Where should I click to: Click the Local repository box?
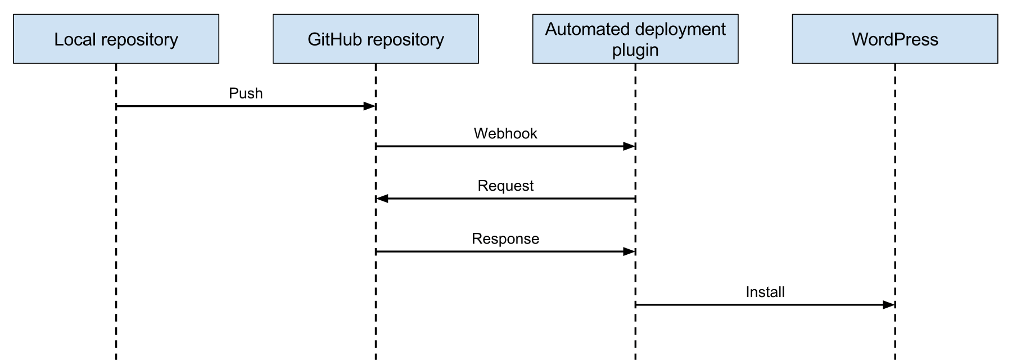[x=116, y=39]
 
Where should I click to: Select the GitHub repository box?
[x=376, y=39]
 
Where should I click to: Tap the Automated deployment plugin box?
[x=635, y=39]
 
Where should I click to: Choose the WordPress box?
[x=894, y=39]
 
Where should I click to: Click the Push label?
[x=246, y=93]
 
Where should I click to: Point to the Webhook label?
[x=505, y=134]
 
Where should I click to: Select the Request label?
[x=505, y=186]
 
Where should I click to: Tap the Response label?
[x=505, y=239]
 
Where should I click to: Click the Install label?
[x=765, y=292]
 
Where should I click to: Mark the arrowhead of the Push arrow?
[x=369, y=106]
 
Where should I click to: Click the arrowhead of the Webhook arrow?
[x=629, y=146]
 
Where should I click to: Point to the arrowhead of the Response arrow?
[x=629, y=251]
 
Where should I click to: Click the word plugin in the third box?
[x=635, y=50]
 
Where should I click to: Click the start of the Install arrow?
[x=636, y=305]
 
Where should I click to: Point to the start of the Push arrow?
[x=117, y=106]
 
